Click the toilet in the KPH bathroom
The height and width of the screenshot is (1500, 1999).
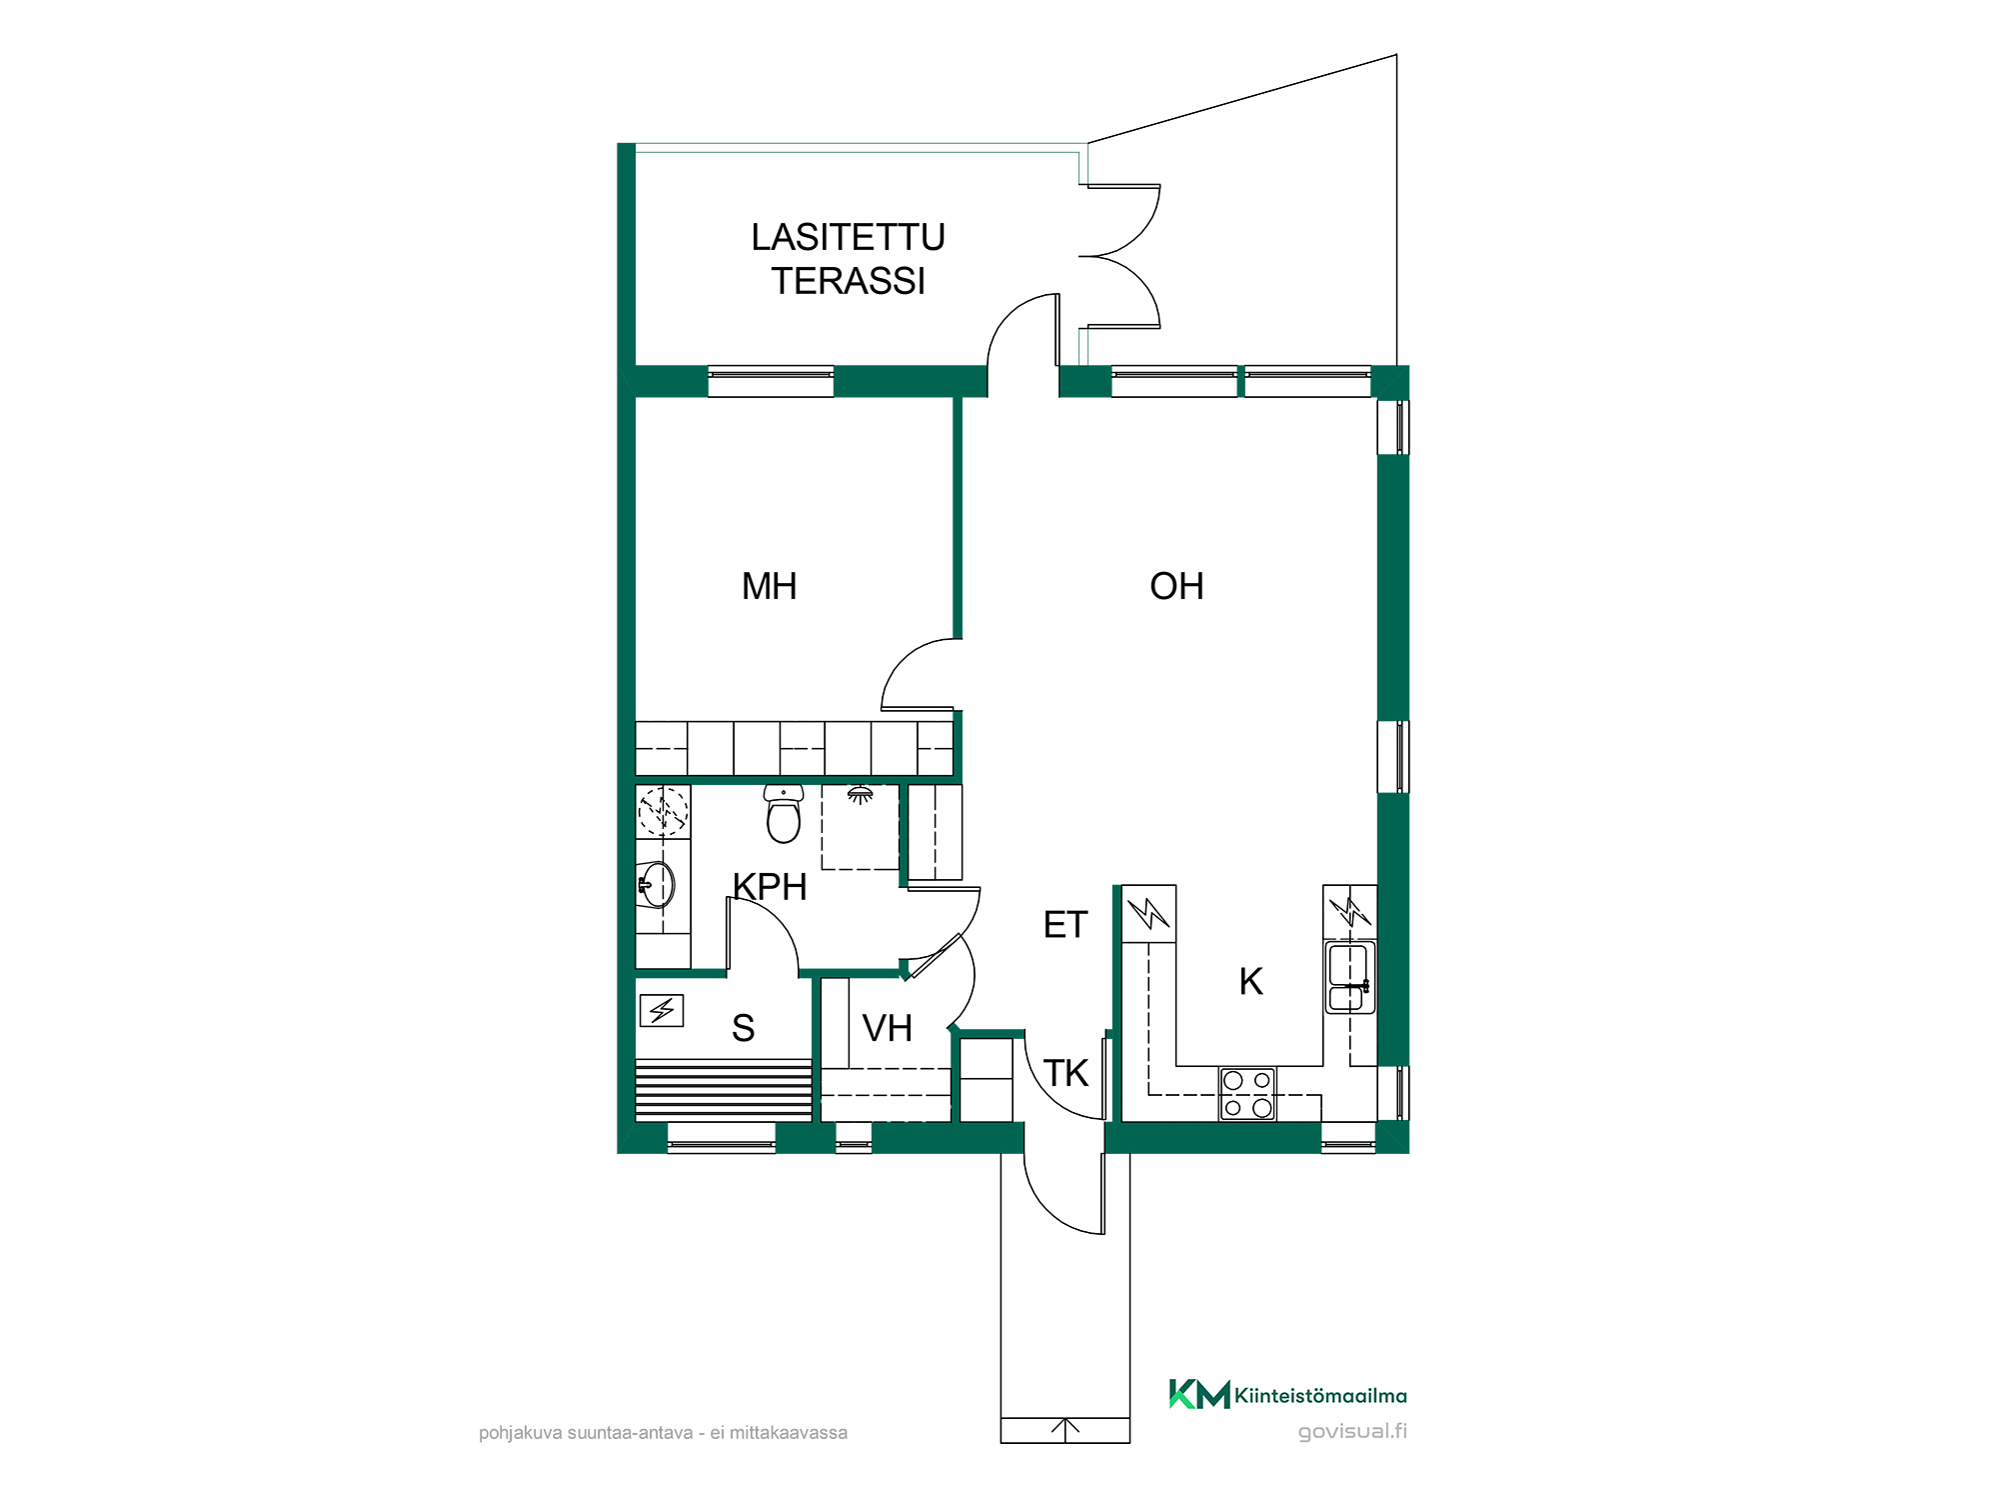784,814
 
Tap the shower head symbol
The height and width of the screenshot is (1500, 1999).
860,795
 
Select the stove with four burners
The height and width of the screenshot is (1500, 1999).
1247,1093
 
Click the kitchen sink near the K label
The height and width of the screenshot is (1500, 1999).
1349,977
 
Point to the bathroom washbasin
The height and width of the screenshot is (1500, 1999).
657,885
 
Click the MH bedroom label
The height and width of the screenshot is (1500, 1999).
769,586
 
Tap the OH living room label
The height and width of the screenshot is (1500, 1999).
1176,586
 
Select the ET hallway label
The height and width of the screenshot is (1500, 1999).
1064,925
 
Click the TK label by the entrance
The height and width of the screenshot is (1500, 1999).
1065,1073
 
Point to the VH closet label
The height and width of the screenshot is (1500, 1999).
887,1028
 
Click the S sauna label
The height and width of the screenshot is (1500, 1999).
743,1028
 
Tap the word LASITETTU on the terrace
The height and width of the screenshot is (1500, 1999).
848,237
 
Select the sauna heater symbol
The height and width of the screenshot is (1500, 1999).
662,1011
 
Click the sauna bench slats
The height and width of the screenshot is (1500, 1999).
724,1090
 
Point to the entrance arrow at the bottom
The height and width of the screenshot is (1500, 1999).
1065,1430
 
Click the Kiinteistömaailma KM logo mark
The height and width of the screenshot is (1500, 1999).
1199,1394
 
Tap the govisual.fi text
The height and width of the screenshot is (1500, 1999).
1352,1431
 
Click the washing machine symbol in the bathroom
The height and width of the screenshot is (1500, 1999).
663,811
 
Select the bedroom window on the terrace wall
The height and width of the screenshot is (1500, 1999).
771,382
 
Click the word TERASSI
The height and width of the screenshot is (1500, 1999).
848,281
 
